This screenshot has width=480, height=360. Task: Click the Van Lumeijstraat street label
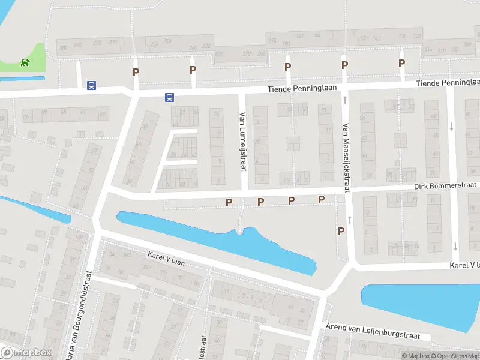point(244,141)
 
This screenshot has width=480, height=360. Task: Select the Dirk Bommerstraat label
point(445,187)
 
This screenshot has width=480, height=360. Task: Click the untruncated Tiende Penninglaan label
point(306,89)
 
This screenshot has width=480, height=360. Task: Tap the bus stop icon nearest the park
point(91,86)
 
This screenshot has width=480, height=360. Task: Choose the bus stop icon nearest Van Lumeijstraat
point(170,97)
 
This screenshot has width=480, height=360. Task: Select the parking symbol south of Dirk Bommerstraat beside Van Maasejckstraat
point(341,231)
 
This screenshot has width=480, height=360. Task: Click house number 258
point(155,44)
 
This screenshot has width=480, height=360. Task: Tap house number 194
point(273,41)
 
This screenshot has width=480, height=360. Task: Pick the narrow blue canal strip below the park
point(22,78)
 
